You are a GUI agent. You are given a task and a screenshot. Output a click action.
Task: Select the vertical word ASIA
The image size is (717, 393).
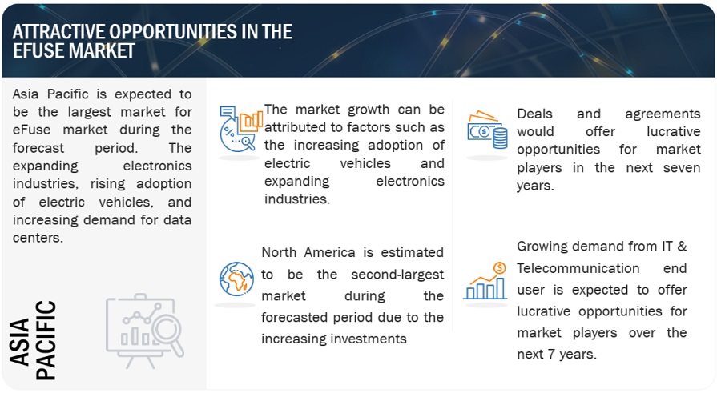19,343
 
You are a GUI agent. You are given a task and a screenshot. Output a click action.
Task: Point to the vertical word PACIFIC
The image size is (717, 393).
46,340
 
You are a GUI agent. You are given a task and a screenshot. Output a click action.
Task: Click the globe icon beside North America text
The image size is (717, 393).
236,279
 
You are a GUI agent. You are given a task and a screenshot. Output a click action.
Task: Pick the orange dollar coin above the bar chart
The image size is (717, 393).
499,268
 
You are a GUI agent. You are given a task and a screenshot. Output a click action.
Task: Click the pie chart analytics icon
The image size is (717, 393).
241,129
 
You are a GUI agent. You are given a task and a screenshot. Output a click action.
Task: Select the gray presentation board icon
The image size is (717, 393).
144,330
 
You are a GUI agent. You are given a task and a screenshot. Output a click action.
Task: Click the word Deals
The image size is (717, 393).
535,114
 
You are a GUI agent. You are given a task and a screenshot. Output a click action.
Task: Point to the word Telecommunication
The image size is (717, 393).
578,268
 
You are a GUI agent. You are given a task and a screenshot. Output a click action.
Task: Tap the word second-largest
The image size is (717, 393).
397,275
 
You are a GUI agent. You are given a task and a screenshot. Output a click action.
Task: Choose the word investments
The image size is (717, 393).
369,339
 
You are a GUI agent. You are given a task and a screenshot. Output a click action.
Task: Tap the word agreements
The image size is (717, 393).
663,114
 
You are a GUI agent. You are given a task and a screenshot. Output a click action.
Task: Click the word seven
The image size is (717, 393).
681,168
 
